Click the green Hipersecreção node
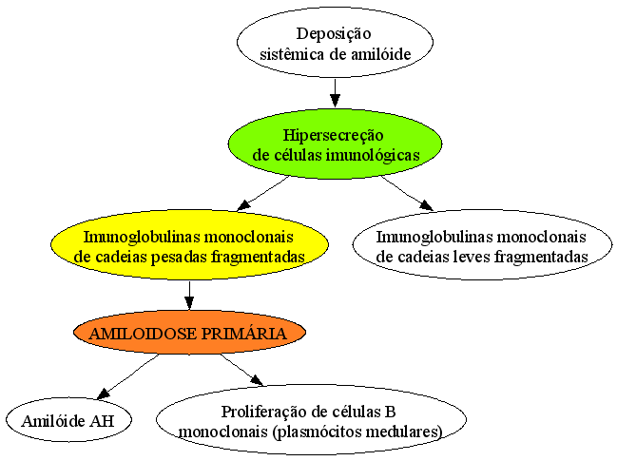[x=335, y=144]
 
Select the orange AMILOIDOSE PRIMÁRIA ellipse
[x=189, y=333]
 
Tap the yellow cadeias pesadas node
[x=189, y=244]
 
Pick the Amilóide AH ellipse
[x=68, y=420]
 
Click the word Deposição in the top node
[x=334, y=34]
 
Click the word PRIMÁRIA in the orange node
[x=244, y=334]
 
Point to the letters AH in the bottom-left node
[x=102, y=421]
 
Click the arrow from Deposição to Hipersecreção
[x=335, y=93]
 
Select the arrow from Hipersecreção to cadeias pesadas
[x=263, y=193]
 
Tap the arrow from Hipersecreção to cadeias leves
[x=407, y=193]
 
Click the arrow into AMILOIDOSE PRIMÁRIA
[x=189, y=295]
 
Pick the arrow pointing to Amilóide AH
[x=128, y=376]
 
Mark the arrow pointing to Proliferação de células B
[x=241, y=370]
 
